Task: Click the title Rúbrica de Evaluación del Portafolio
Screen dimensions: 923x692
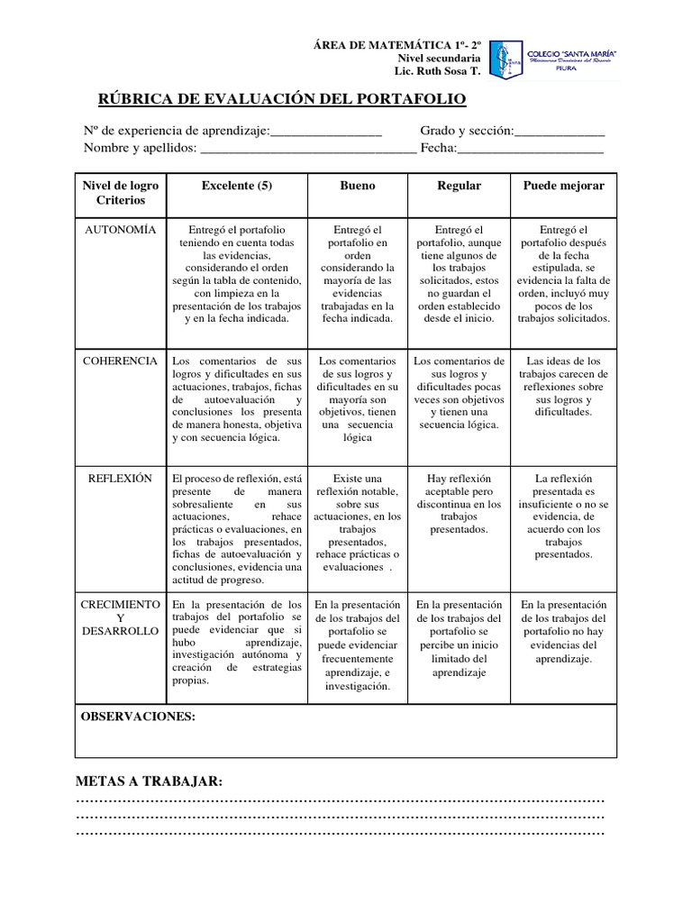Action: pos(282,98)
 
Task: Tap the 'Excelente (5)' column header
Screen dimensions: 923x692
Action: pos(237,186)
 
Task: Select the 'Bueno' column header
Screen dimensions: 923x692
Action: pos(358,186)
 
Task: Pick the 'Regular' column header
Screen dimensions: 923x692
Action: pos(460,186)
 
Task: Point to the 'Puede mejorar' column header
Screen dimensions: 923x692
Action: pos(564,186)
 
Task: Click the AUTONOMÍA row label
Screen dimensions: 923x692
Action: pos(120,231)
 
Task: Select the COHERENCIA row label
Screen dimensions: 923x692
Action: pos(120,361)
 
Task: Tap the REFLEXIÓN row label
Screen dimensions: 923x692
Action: pos(120,479)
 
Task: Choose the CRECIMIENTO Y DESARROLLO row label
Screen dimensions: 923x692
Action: pos(120,617)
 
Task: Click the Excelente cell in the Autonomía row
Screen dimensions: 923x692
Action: pos(237,274)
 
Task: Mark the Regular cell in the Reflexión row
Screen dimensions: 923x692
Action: pos(460,504)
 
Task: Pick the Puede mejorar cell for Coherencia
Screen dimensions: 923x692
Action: pos(564,387)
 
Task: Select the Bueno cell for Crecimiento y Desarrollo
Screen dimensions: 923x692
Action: pos(358,644)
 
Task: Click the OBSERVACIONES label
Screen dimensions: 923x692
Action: pos(138,717)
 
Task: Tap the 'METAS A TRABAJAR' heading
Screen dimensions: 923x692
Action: pos(149,781)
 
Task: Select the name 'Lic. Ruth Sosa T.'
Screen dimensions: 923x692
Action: pos(439,71)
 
